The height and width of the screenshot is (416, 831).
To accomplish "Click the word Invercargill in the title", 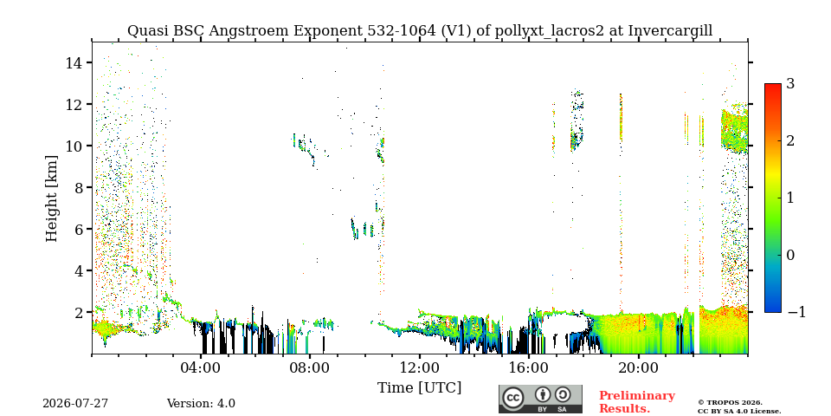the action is click(670, 31).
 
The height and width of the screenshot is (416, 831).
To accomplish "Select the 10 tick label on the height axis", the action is click(74, 146).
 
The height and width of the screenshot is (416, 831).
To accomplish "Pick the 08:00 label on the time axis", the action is click(310, 367).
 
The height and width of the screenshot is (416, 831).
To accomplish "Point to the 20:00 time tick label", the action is click(638, 367).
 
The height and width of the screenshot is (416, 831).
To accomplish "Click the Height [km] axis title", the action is click(51, 198).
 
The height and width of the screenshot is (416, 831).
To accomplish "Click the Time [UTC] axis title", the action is click(419, 388).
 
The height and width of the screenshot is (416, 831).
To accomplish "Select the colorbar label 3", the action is click(790, 84).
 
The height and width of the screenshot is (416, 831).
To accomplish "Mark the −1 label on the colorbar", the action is click(796, 312).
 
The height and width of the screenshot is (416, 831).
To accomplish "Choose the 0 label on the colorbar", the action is click(790, 255).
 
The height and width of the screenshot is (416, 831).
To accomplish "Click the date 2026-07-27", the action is click(75, 404).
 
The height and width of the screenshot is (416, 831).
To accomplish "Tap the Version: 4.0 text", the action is click(201, 404).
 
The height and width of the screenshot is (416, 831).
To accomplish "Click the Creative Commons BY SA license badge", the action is click(540, 399).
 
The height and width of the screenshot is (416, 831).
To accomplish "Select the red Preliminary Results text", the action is click(637, 402).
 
